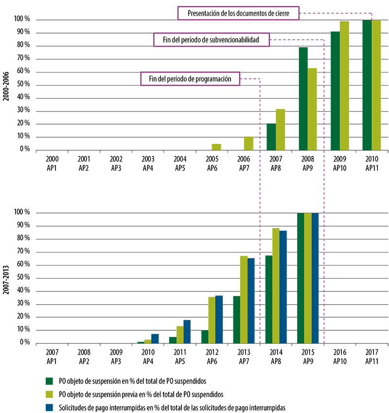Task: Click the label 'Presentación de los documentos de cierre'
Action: tap(238, 13)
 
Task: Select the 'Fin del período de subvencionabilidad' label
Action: tap(211, 39)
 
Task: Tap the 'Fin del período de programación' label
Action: tap(190, 78)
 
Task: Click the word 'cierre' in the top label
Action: tap(288, 13)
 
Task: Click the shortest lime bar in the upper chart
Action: tap(216, 145)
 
